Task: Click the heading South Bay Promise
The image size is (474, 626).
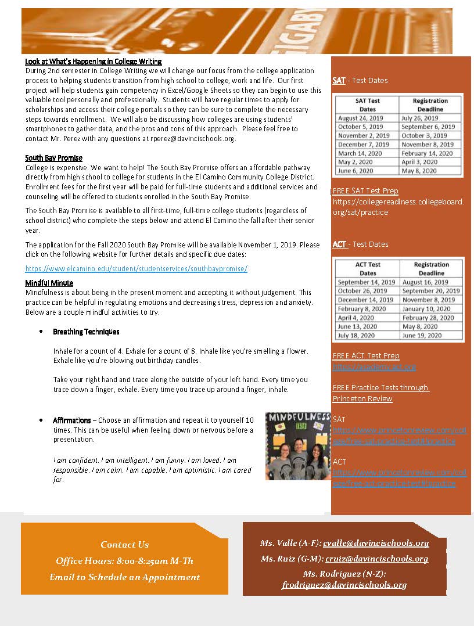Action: (53, 158)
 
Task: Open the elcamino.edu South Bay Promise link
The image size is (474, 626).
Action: (137, 268)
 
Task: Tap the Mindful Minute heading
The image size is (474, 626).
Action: (49, 283)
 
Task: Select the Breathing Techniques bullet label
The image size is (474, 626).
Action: (86, 332)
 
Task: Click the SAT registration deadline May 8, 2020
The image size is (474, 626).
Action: (419, 171)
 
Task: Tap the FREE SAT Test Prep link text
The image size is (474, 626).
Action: (365, 190)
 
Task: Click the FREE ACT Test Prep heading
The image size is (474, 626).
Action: (366, 355)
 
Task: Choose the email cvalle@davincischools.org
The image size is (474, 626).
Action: (376, 544)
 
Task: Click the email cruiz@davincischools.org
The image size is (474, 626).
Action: (375, 559)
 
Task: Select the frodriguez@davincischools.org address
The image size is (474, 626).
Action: (344, 585)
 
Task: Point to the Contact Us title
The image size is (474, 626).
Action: (124, 545)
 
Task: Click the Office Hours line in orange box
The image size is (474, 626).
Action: (124, 561)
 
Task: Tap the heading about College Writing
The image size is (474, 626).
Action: (93, 62)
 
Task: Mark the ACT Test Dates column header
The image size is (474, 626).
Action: (368, 268)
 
